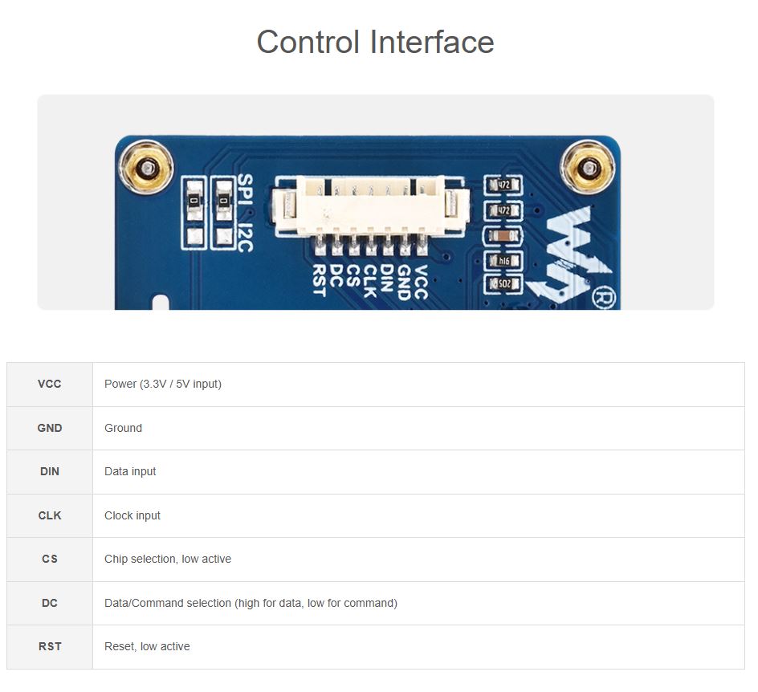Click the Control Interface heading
(375, 42)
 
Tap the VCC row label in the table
(50, 384)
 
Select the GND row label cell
(50, 428)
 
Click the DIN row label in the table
(50, 471)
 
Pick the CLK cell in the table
(50, 515)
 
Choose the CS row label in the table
(50, 559)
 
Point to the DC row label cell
(50, 603)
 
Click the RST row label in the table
(50, 646)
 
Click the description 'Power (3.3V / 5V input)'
(163, 384)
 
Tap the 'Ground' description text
(123, 428)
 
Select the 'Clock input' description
(132, 515)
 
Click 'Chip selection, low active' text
(168, 559)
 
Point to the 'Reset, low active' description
(147, 646)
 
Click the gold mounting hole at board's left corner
(145, 168)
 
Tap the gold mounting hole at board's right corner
(589, 168)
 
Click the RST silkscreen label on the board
(319, 280)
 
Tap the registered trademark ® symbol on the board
(602, 297)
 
